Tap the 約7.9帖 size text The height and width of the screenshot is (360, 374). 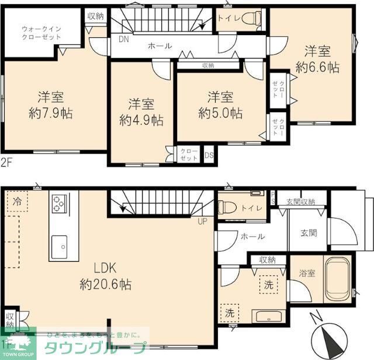pos(51,113)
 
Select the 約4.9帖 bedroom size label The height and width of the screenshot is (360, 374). pos(141,120)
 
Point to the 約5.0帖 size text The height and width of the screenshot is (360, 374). pos(220,113)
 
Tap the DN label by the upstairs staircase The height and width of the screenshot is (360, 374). pos(123,40)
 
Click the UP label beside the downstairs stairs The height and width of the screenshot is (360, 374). pos(202,221)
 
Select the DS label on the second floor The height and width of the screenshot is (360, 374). pos(209,155)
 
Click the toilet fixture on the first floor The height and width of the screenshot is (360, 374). pos(227,208)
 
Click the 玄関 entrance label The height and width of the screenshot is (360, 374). pos(309,233)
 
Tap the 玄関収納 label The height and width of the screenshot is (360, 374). pos(300,202)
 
